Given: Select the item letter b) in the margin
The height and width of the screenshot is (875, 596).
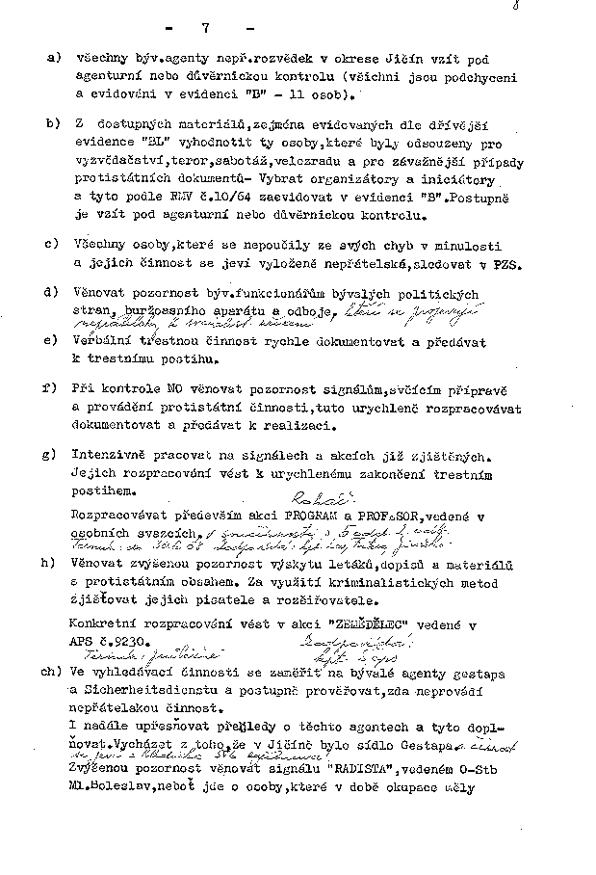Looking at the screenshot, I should pyautogui.click(x=51, y=124).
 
